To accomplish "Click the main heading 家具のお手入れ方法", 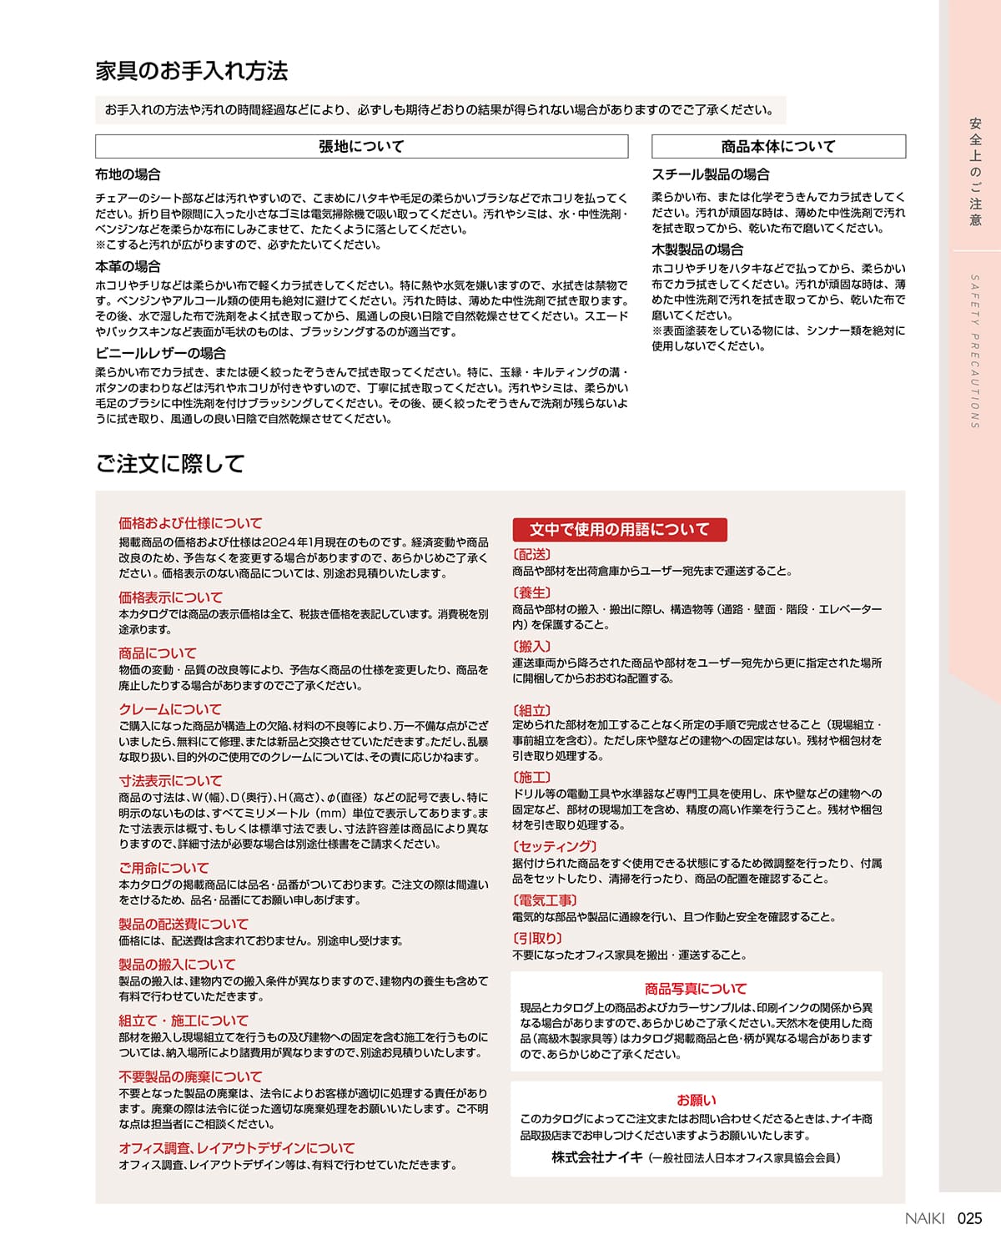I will click(191, 71).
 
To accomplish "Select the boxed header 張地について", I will click(361, 147).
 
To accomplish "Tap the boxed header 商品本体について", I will click(777, 147).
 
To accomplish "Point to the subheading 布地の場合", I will click(128, 174).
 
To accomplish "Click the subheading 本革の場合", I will click(128, 266).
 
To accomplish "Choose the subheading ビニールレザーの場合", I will click(160, 353).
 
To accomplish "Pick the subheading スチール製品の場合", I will click(710, 174).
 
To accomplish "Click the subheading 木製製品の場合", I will click(697, 250).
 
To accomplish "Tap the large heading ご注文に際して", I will click(170, 464).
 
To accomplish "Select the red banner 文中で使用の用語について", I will click(619, 529).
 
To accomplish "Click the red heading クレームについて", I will click(169, 709).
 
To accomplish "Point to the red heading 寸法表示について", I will click(170, 781).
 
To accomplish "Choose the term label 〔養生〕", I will click(532, 592).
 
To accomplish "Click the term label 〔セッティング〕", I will click(555, 846).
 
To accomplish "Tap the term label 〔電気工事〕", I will click(545, 900).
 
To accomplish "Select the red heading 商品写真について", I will click(696, 989).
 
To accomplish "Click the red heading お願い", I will click(696, 1100).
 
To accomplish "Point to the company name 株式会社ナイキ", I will click(597, 1157).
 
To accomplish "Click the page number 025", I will click(969, 1218).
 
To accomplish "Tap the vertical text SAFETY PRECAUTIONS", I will click(974, 350).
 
